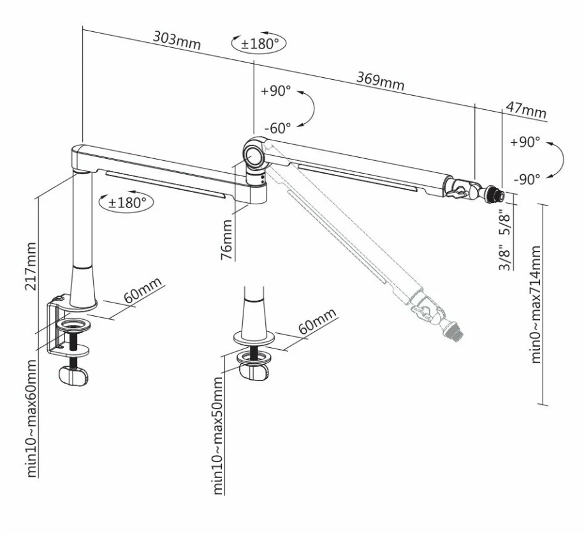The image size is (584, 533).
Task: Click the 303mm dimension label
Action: pos(177,41)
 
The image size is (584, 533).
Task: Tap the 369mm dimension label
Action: pos(380,80)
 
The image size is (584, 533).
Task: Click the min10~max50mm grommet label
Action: pos(218,435)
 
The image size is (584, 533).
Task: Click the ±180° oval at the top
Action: pos(259,43)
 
